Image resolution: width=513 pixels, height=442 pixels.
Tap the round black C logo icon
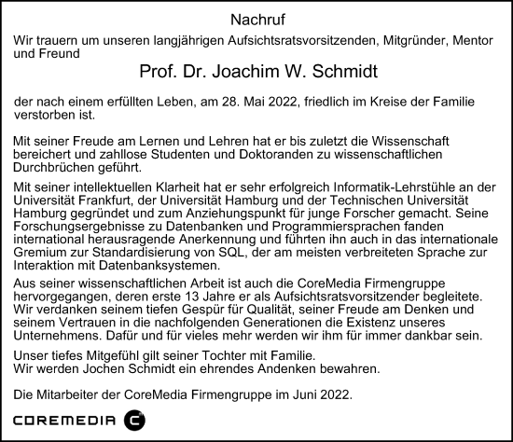point(135,421)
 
